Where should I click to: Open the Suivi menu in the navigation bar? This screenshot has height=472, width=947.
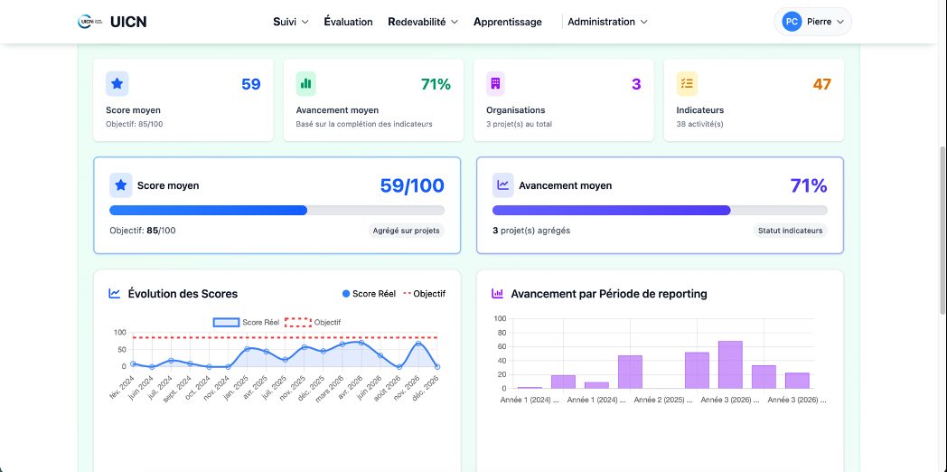coord(291,22)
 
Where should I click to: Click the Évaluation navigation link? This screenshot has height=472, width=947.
coord(348,22)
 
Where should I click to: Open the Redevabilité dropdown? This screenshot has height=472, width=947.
coord(423,22)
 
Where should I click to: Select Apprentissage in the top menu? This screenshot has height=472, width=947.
coord(507,22)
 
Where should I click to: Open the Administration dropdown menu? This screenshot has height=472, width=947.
coord(607,22)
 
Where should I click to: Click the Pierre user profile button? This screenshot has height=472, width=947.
coord(813,22)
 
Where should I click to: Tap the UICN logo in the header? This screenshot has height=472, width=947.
coord(112,22)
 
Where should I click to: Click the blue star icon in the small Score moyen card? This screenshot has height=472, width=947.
coord(117,84)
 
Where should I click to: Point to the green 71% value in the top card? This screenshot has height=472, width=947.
coord(436,84)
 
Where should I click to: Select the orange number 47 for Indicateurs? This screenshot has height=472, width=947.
coord(821,84)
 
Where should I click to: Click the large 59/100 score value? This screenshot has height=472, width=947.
coord(412,186)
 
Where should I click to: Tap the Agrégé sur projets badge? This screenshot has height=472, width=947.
coord(407,231)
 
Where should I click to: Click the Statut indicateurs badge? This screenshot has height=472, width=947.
coord(790,231)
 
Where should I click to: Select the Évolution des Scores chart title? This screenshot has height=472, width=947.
coord(183,294)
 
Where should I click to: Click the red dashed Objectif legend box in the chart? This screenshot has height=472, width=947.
coord(298,322)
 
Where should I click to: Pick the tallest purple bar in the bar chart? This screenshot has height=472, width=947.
coord(730,364)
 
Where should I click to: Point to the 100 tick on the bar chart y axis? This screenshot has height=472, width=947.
coord(500,319)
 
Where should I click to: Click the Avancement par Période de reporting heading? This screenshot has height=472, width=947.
coord(608,294)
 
